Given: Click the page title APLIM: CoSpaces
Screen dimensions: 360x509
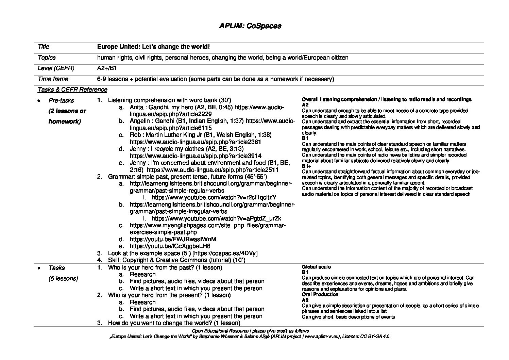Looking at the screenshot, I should coord(250,26).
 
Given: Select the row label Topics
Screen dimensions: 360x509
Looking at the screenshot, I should coord(47,58).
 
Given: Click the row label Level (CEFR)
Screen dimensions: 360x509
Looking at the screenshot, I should coord(56,68).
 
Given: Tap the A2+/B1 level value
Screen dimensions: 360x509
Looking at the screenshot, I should coord(107,68).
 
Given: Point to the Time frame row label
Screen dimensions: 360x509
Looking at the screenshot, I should coord(53,79).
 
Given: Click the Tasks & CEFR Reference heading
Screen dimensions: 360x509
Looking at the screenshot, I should coord(72,89).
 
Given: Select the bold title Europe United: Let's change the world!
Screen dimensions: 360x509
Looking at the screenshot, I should coord(153,47).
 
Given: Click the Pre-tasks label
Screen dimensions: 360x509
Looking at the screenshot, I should coord(61,100).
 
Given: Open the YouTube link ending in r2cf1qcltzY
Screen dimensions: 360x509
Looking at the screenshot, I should coord(214,197).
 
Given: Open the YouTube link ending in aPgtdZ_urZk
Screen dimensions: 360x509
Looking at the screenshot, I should coord(216,218).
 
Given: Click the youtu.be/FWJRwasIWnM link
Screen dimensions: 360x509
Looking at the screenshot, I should coord(173,239).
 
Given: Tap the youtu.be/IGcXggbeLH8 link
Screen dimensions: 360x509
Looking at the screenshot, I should coord(170,246).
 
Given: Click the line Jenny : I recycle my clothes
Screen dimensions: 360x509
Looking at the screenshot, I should coord(187,149).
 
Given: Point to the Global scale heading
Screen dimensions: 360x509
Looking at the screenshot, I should coord(316,267).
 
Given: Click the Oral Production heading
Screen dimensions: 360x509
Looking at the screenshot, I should coord(320,294).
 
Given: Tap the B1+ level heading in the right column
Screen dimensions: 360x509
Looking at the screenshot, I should coord(306,166).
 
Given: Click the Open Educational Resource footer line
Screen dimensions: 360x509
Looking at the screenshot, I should coord(250,331).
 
